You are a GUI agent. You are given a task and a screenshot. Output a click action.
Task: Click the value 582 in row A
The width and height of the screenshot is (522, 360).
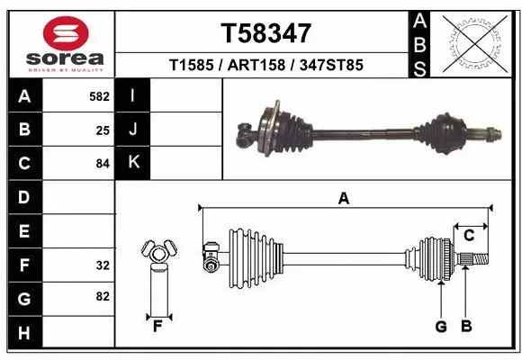tap(98, 95)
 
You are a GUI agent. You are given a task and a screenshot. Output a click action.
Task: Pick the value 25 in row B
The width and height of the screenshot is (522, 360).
tap(103, 130)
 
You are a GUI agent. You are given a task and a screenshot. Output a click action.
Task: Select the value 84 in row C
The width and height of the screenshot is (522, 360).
tap(103, 164)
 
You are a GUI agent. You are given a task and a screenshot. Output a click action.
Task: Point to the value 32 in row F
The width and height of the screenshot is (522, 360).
tap(103, 265)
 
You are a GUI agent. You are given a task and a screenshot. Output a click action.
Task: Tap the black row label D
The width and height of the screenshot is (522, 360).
tap(23, 197)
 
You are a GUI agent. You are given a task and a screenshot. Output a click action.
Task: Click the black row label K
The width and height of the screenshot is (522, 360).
tap(133, 163)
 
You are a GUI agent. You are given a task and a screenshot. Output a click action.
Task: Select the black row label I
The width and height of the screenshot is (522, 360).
tap(133, 95)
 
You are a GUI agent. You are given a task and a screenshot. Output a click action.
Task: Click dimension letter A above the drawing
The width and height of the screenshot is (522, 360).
tap(343, 199)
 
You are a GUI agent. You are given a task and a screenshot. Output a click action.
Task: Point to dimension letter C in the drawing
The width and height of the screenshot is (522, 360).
tap(469, 236)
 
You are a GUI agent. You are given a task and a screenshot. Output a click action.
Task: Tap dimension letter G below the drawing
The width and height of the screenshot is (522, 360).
tap(441, 326)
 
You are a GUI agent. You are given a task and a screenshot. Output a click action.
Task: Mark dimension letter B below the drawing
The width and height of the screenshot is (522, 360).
tap(466, 326)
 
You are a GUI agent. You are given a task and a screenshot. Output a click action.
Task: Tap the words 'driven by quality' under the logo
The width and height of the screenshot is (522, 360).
tap(58, 67)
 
